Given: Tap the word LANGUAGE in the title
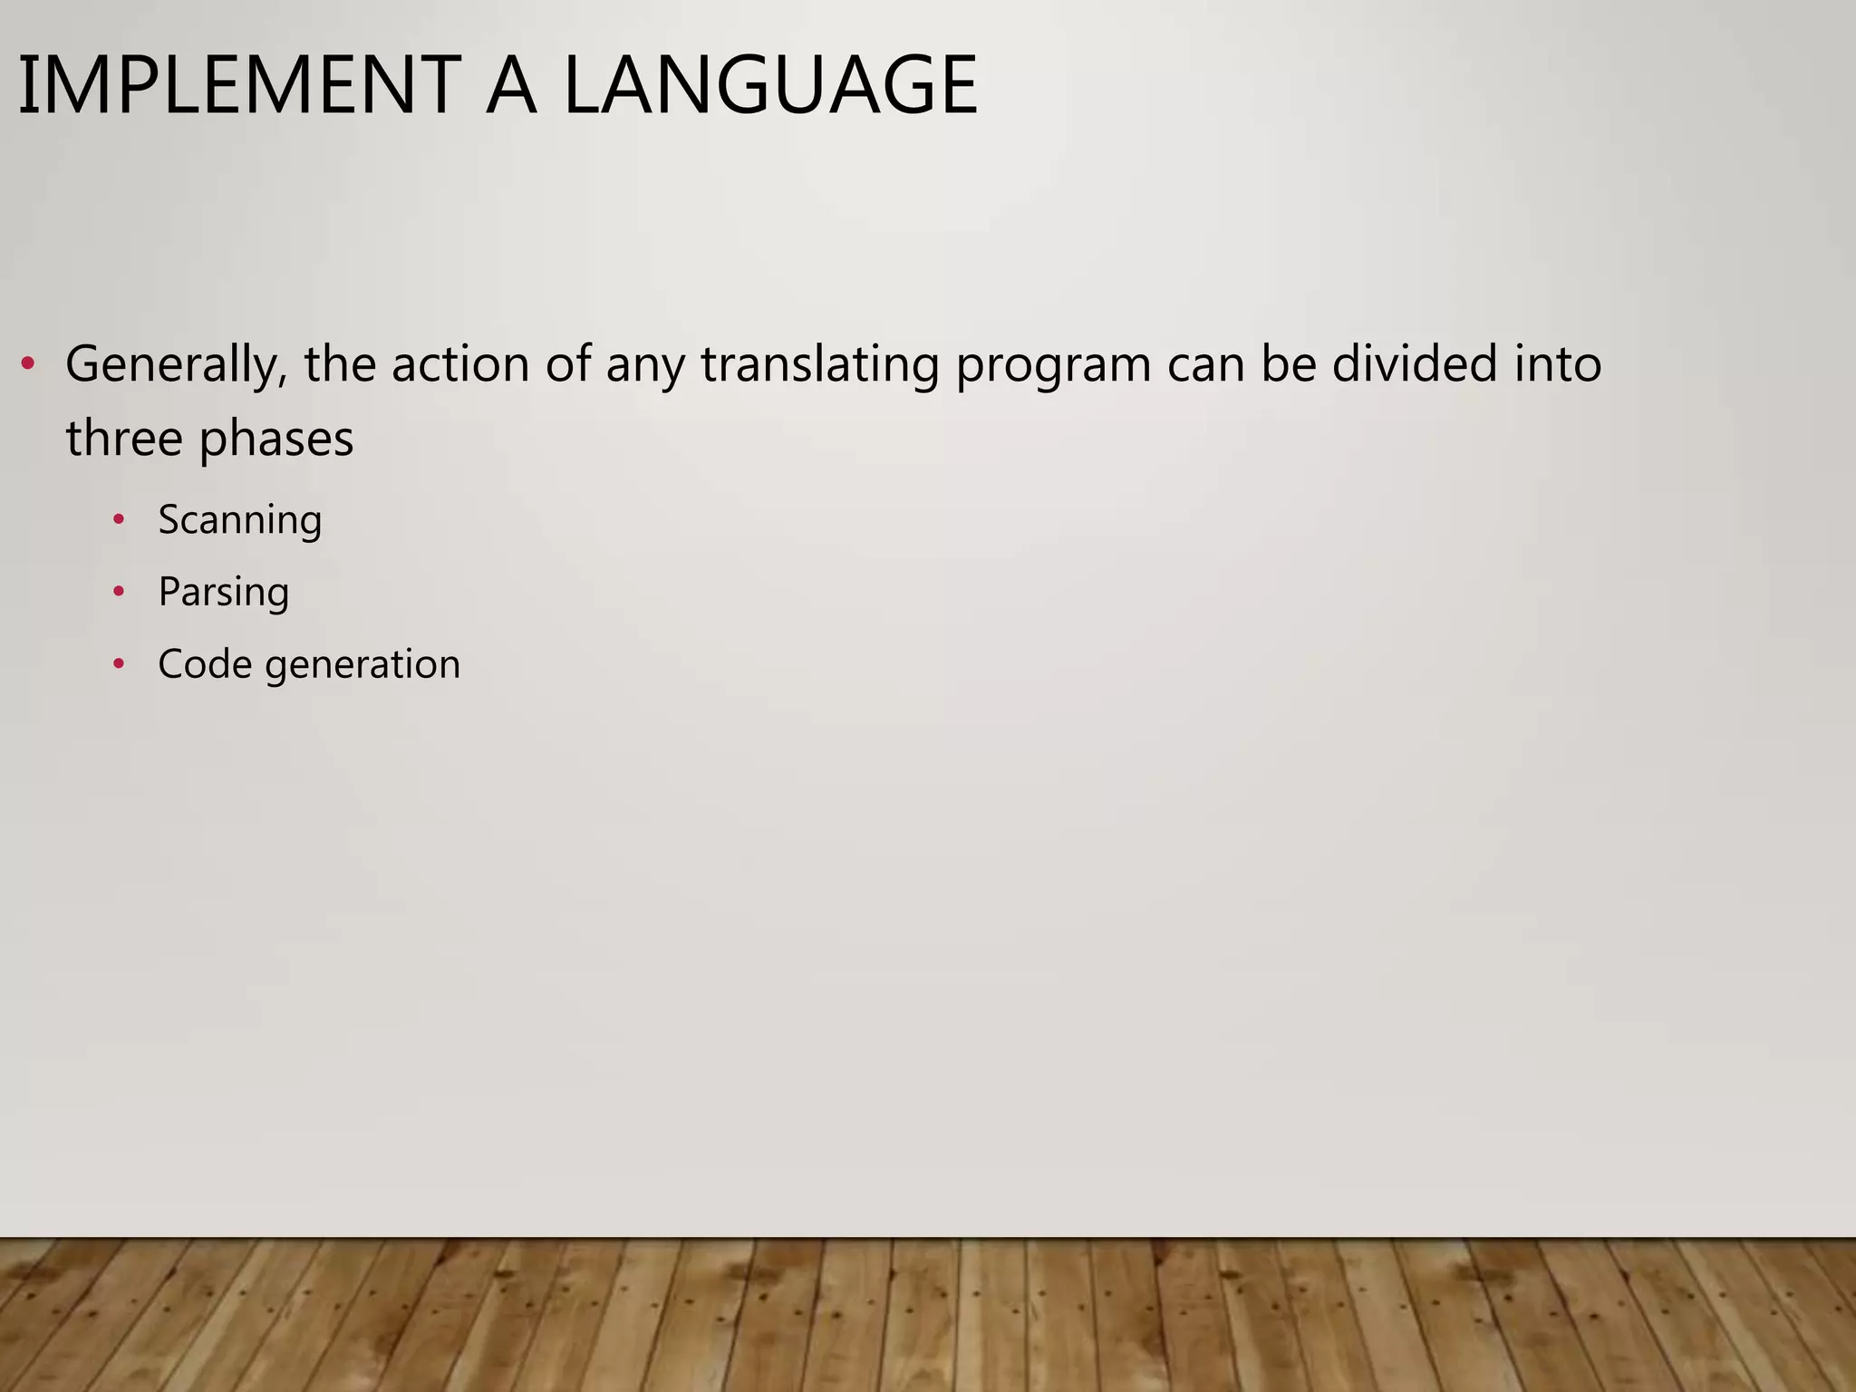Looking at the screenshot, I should [x=770, y=86].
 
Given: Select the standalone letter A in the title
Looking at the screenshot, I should [x=512, y=86].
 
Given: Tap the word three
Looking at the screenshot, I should [x=124, y=439].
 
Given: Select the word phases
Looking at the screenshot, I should [x=276, y=440].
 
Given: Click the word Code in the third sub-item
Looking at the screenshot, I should [x=205, y=664].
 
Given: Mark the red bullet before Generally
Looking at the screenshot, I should [x=28, y=365].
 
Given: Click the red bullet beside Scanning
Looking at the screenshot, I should [x=118, y=520].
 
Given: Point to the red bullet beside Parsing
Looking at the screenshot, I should [x=118, y=592].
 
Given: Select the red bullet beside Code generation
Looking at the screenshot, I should [x=118, y=664].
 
